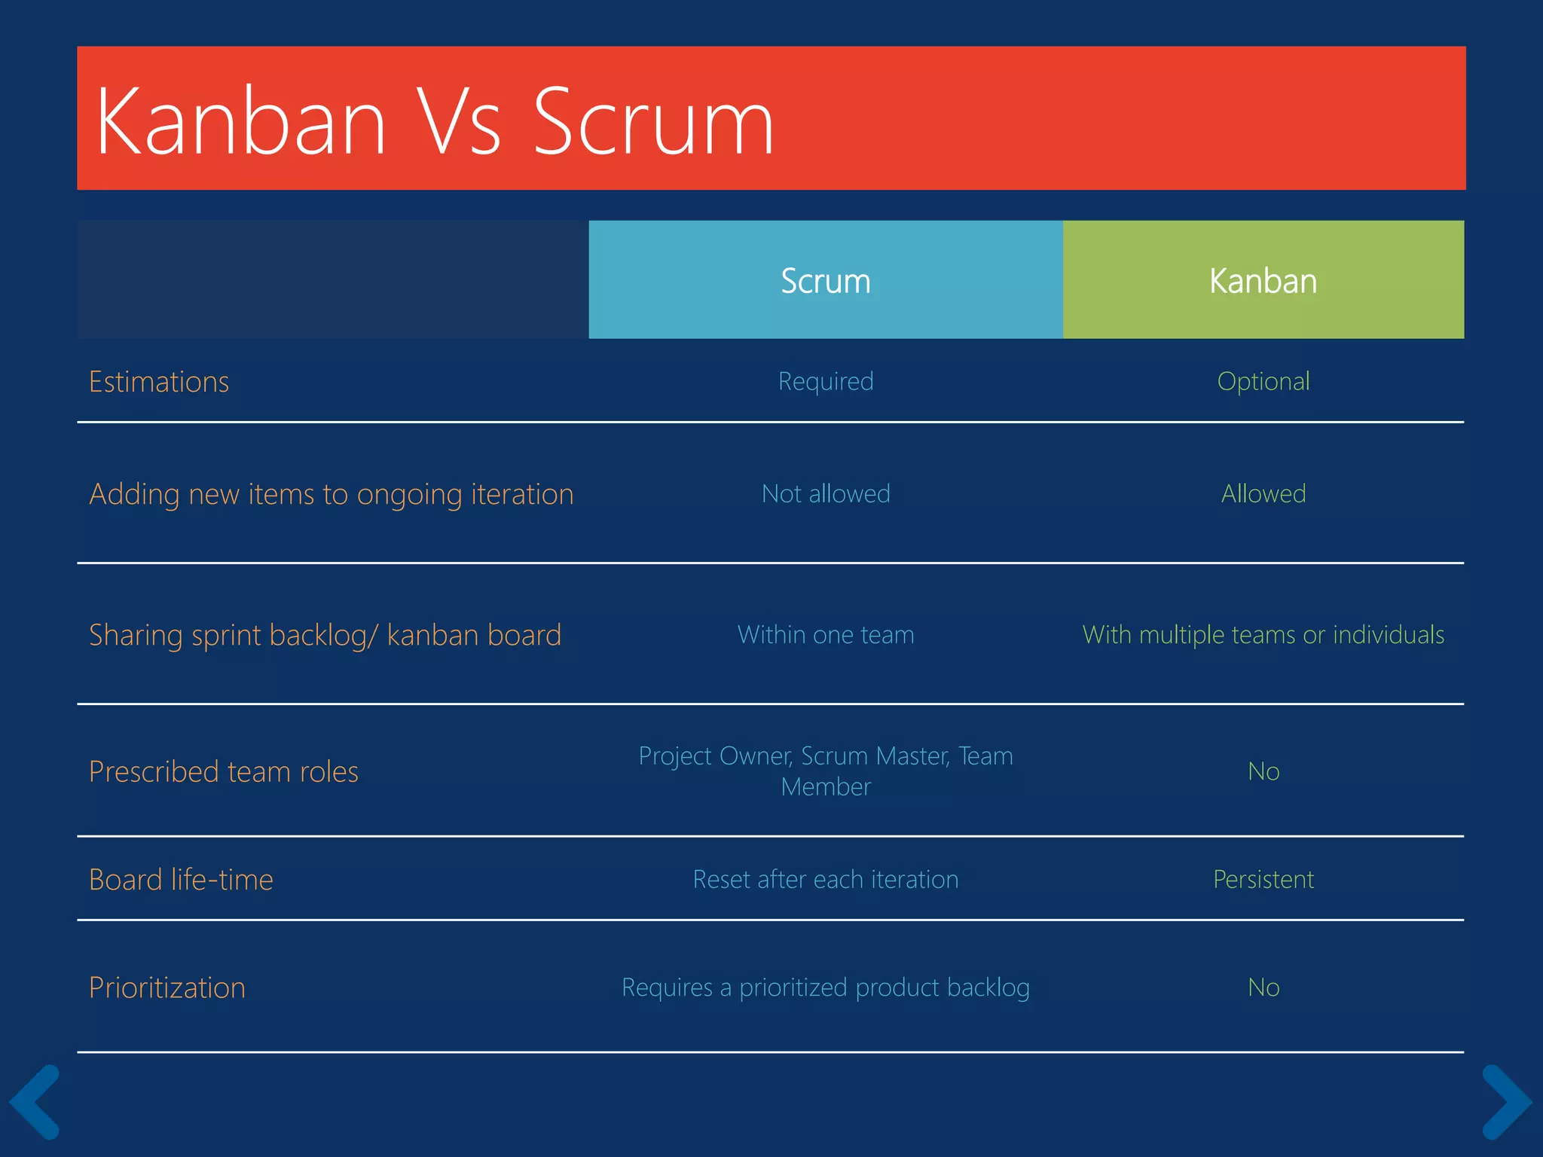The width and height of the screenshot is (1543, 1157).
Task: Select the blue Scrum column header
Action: pyautogui.click(x=825, y=280)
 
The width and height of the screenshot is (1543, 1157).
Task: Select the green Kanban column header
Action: pyautogui.click(x=1263, y=280)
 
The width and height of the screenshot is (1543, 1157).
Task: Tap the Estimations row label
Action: pyautogui.click(x=159, y=382)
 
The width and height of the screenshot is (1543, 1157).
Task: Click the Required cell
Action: pyautogui.click(x=826, y=381)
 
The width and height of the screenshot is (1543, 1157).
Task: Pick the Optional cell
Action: pyautogui.click(x=1263, y=381)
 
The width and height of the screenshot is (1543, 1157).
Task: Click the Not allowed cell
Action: pyautogui.click(x=826, y=493)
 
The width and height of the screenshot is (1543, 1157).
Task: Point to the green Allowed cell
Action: pyautogui.click(x=1263, y=493)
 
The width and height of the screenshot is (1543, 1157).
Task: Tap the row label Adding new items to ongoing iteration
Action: pyautogui.click(x=332, y=494)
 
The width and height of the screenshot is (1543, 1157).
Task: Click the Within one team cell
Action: pyautogui.click(x=826, y=634)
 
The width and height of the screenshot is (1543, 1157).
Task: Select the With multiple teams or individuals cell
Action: pyautogui.click(x=1263, y=634)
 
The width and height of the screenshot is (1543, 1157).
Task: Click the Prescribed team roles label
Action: pyautogui.click(x=224, y=771)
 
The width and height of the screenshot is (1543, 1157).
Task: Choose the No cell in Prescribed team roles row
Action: pyautogui.click(x=1263, y=771)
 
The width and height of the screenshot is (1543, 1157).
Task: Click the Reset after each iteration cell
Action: pyautogui.click(x=826, y=879)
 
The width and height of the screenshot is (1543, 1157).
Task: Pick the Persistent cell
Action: pyautogui.click(x=1263, y=879)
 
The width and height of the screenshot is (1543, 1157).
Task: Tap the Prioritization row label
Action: pyautogui.click(x=167, y=988)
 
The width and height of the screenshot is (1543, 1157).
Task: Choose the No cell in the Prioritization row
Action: pyautogui.click(x=1263, y=988)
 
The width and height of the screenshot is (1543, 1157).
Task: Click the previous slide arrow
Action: pyautogui.click(x=35, y=1101)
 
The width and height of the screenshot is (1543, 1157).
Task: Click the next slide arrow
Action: pyautogui.click(x=1505, y=1101)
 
